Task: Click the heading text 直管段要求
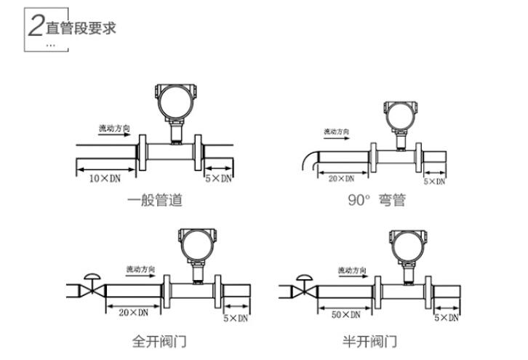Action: coord(81,28)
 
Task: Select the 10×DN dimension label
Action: coord(104,177)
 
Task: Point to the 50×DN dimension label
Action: coord(345,315)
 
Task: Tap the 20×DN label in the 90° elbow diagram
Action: coord(341,178)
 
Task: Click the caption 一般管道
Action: coord(155,200)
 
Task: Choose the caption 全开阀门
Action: coord(159,340)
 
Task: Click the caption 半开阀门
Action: coord(369,340)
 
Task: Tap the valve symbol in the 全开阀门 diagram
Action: coord(92,287)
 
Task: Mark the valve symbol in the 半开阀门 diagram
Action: coord(303,287)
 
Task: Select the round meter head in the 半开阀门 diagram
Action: coord(404,244)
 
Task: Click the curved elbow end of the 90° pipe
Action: coord(310,159)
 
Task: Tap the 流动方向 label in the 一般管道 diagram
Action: coord(115,128)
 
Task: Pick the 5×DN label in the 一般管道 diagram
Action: coord(218,177)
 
